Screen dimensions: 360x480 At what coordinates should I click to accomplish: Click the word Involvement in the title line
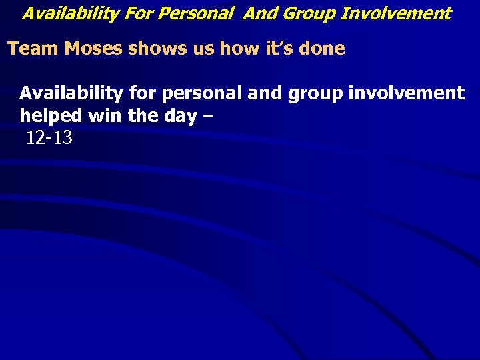point(396,13)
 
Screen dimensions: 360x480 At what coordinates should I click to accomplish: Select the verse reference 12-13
point(50,139)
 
